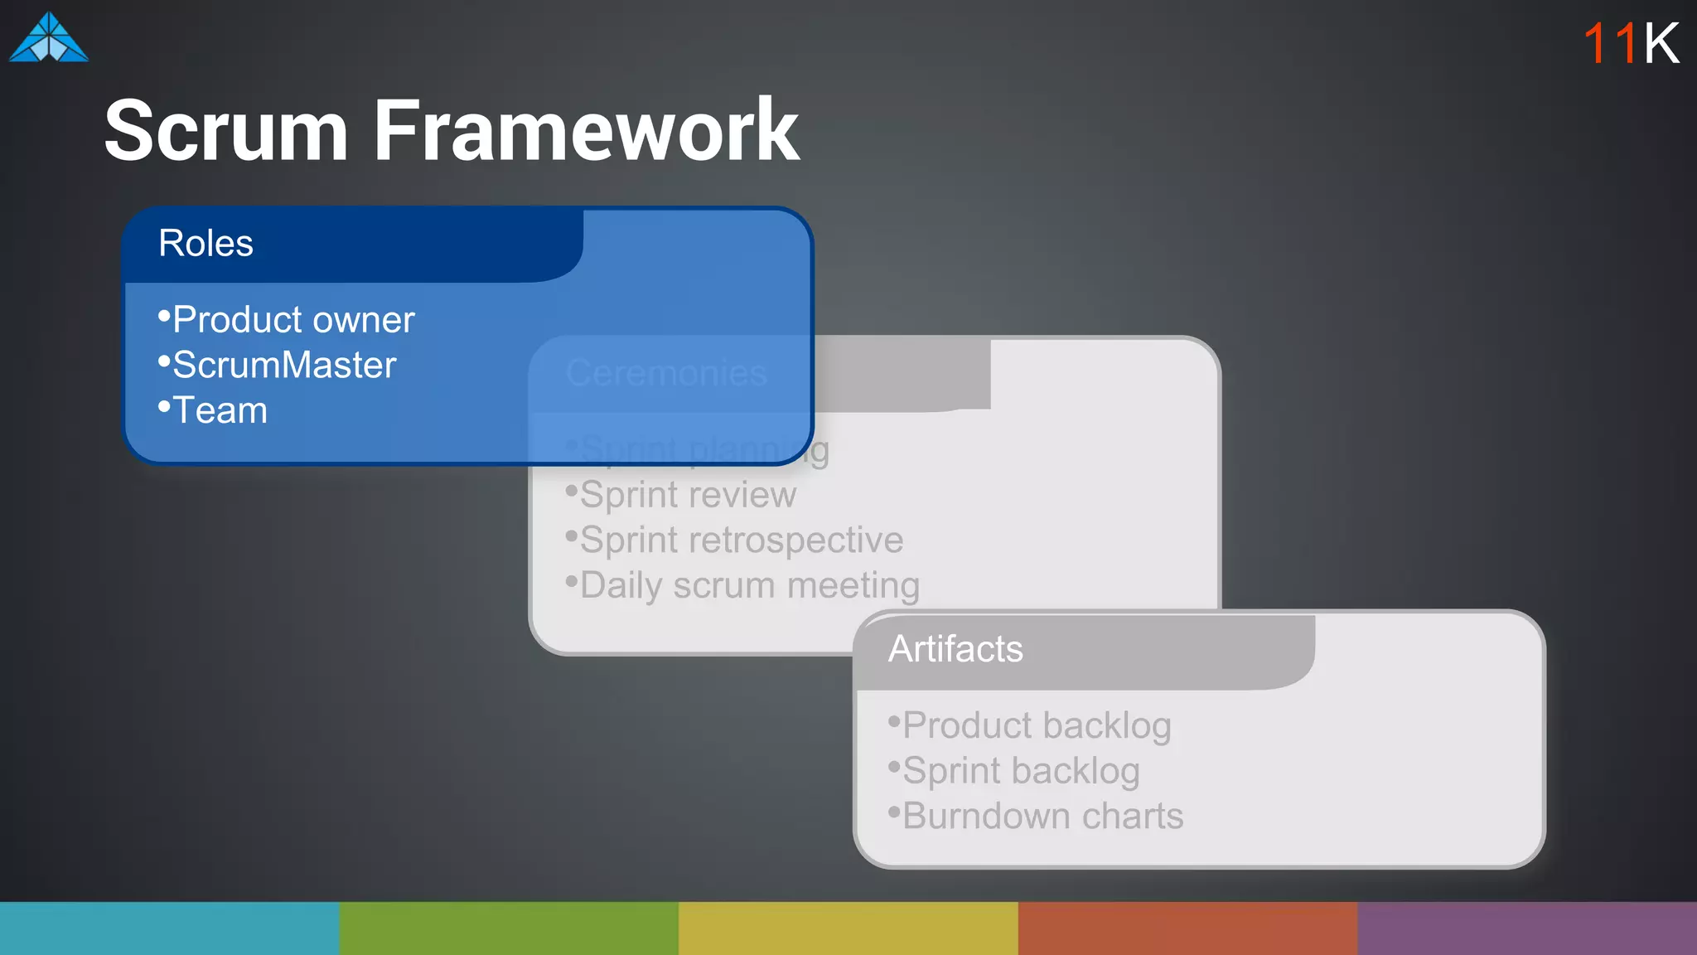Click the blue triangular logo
pyautogui.click(x=48, y=38)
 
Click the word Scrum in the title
pyautogui.click(x=225, y=131)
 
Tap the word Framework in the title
pyautogui.click(x=586, y=131)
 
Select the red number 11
pyautogui.click(x=1609, y=43)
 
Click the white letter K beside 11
pyautogui.click(x=1661, y=43)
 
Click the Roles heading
pyautogui.click(x=205, y=244)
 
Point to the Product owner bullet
pyautogui.click(x=293, y=320)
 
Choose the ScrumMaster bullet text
pyautogui.click(x=283, y=366)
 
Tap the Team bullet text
pyautogui.click(x=220, y=411)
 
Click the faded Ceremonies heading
pyautogui.click(x=666, y=373)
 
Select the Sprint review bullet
pyautogui.click(x=688, y=495)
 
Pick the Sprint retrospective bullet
pyautogui.click(x=741, y=541)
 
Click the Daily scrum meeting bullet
pyautogui.click(x=749, y=586)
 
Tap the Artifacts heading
pyautogui.click(x=955, y=649)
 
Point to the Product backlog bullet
pyautogui.click(x=1036, y=725)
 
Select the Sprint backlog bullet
pyautogui.click(x=1020, y=771)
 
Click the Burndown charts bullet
pyautogui.click(x=1042, y=817)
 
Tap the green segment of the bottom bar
pyautogui.click(x=509, y=928)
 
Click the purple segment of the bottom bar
pyautogui.click(x=1527, y=928)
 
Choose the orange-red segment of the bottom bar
pyautogui.click(x=1187, y=928)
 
